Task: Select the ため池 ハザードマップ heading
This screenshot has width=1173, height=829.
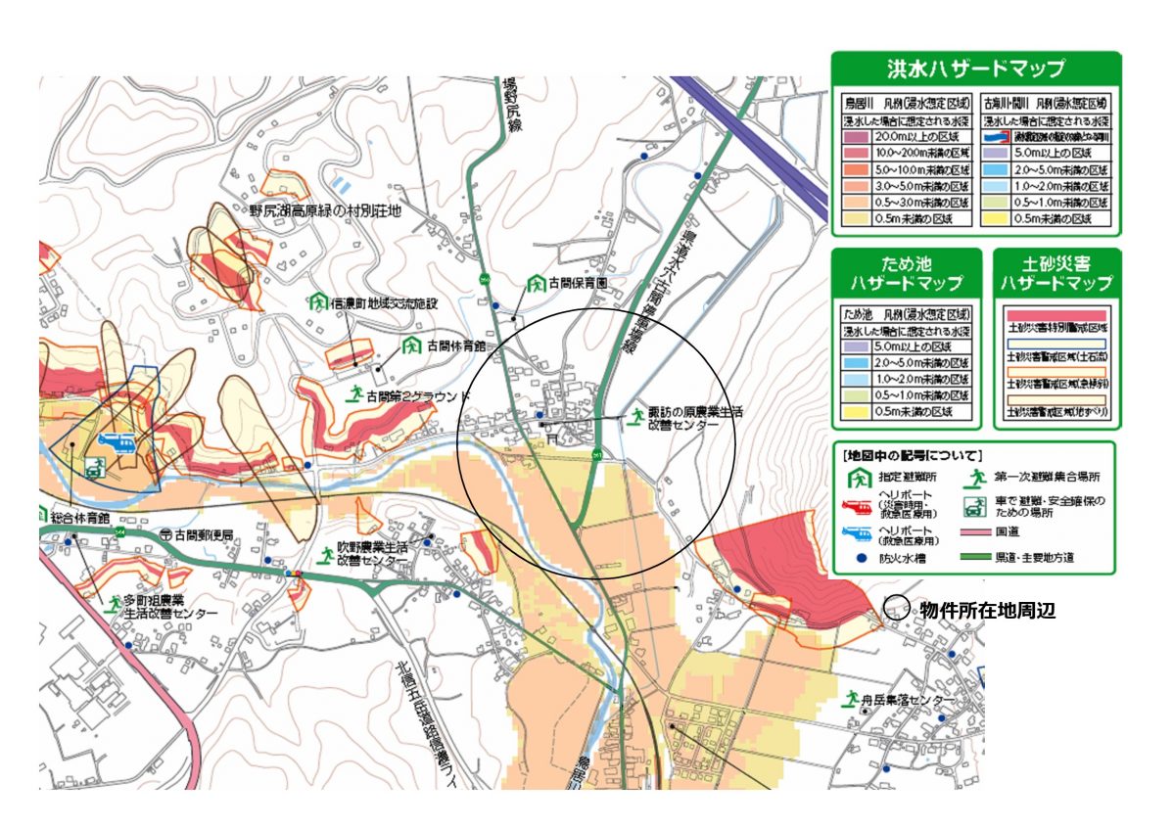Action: click(906, 273)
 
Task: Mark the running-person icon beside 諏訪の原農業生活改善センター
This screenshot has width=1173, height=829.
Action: click(637, 416)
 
